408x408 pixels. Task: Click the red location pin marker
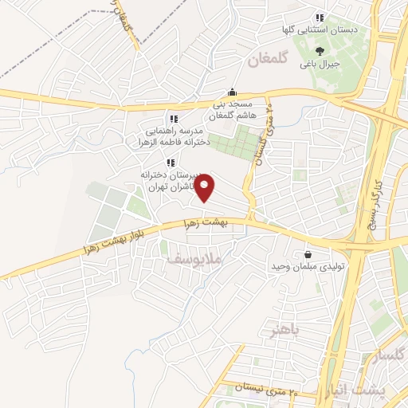coord(206,187)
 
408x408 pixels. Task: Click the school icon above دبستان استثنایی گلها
coord(320,18)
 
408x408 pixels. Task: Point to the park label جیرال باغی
coord(324,61)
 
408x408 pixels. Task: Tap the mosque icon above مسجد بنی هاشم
coord(232,91)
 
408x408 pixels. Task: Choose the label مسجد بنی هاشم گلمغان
coord(230,109)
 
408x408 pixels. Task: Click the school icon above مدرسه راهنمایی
coord(174,119)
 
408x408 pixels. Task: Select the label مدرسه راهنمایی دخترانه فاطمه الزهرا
coord(174,136)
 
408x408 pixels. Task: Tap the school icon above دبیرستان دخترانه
coord(170,162)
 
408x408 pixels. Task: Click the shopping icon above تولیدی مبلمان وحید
coord(307,255)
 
